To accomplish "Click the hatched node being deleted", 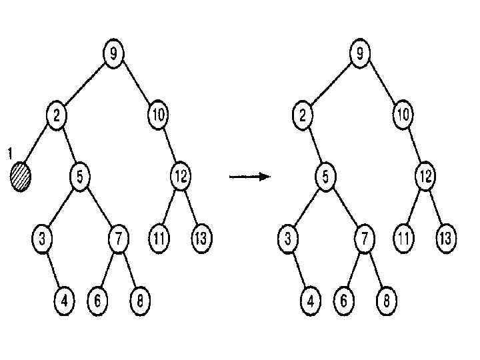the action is (21, 178).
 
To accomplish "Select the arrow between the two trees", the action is (249, 177).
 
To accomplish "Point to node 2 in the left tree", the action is (57, 115).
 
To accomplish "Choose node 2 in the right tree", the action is (303, 115).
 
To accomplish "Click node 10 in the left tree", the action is (157, 115).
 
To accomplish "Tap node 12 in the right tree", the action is (425, 177).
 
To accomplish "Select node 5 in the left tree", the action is (79, 177).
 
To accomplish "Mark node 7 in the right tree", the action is (364, 239).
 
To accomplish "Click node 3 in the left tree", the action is (41, 239).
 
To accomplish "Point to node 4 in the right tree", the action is (309, 300).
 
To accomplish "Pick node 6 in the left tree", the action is (97, 300).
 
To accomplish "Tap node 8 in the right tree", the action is (385, 300).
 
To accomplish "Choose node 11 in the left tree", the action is (159, 239).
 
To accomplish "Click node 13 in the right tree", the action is (447, 239).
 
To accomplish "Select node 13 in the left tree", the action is (201, 239).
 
